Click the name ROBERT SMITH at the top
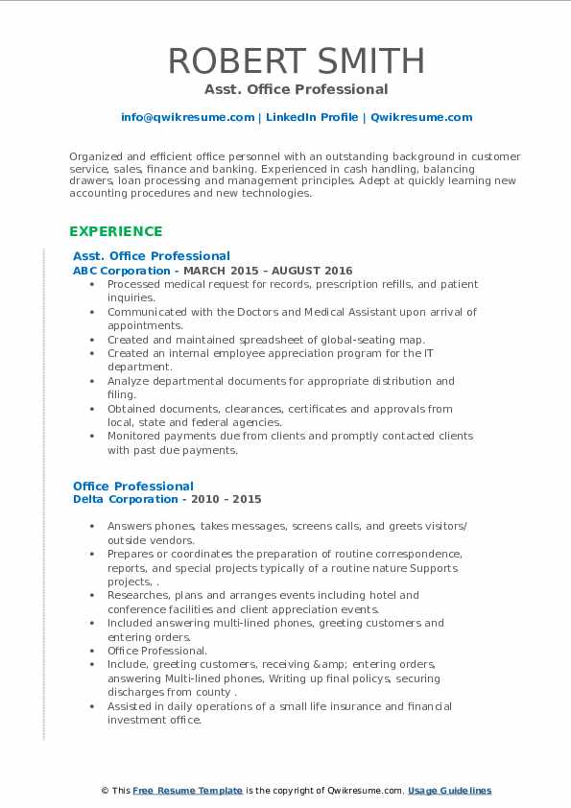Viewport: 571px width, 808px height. point(297,60)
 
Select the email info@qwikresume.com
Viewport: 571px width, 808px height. point(187,117)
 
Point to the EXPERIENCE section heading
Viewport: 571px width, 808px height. point(115,231)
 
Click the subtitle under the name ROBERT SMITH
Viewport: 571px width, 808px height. point(297,89)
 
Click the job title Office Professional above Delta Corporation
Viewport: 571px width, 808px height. point(133,486)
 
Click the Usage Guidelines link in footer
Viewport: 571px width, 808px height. point(449,791)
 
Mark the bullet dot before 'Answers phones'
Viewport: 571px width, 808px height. point(91,527)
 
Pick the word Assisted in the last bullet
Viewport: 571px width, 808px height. point(131,706)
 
